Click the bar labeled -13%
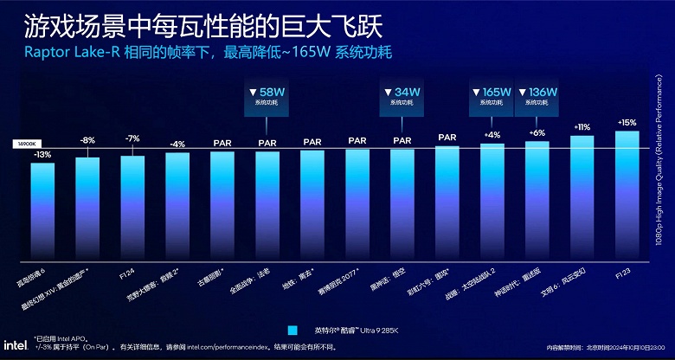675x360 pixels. pyautogui.click(x=42, y=211)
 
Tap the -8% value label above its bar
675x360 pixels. pyautogui.click(x=87, y=139)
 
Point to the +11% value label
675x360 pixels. pyautogui.click(x=582, y=127)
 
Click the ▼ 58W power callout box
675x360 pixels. pyautogui.click(x=267, y=95)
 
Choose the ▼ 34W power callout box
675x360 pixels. pyautogui.click(x=402, y=95)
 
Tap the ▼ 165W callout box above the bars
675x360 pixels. pyautogui.click(x=492, y=95)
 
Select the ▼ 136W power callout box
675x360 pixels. pyautogui.click(x=537, y=95)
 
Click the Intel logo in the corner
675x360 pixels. pyautogui.click(x=18, y=343)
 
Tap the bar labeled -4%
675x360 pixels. pyautogui.click(x=177, y=207)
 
